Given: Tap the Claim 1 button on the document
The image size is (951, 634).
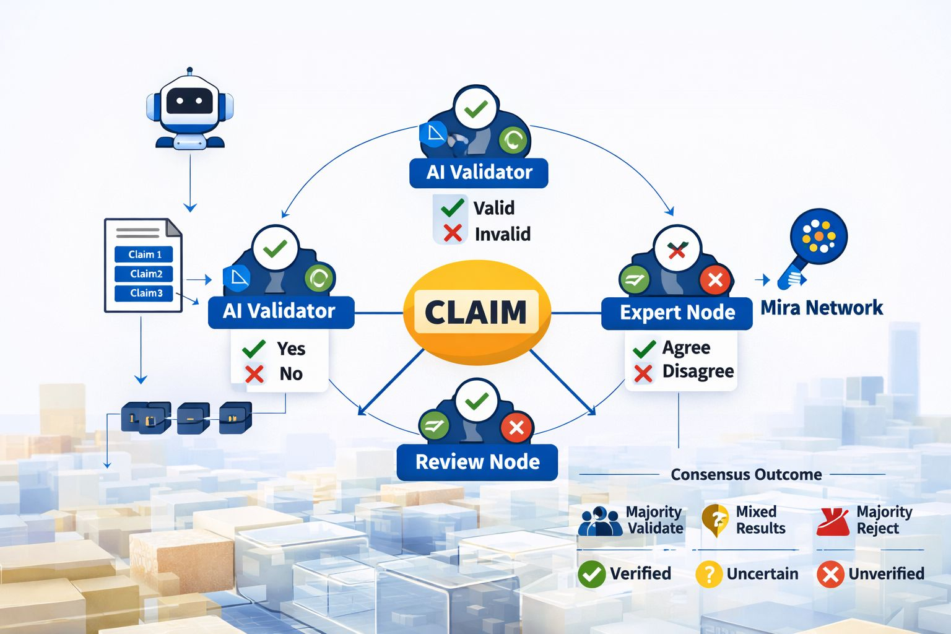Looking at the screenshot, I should point(144,254).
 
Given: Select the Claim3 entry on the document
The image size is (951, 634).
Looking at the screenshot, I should point(144,293).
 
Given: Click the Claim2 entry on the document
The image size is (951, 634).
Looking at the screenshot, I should point(144,274).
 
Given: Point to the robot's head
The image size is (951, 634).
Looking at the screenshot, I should point(189,102).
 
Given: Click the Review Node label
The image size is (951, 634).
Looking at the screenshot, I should point(477,462).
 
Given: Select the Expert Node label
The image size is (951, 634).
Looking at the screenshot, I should point(677,313).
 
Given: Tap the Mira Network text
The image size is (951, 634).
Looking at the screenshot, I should point(822,308).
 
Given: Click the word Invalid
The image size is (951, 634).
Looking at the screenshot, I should point(502,234).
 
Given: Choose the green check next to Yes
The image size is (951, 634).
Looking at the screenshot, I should point(254,349).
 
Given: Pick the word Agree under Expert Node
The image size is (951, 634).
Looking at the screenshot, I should point(686,347).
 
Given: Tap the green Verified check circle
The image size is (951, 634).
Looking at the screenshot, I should point(591,574).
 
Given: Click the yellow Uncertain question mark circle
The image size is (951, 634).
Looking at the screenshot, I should point(709,574).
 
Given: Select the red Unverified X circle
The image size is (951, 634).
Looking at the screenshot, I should point(830,574).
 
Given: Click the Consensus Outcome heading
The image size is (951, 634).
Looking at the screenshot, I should point(746,475).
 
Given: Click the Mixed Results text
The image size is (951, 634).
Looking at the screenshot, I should point(760,520).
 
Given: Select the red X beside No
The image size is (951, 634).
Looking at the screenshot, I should point(254,374).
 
